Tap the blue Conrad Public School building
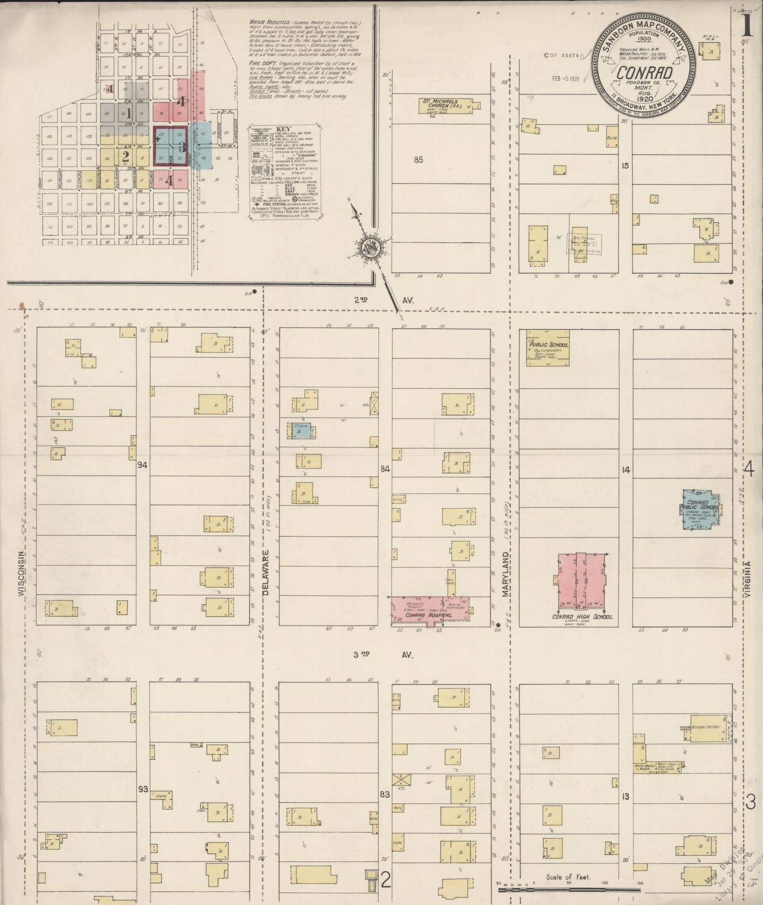[700, 509]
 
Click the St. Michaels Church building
[445, 105]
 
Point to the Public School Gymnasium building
[548, 348]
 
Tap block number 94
[143, 465]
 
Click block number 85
[418, 159]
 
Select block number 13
[626, 797]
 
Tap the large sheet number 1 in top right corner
[747, 26]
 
